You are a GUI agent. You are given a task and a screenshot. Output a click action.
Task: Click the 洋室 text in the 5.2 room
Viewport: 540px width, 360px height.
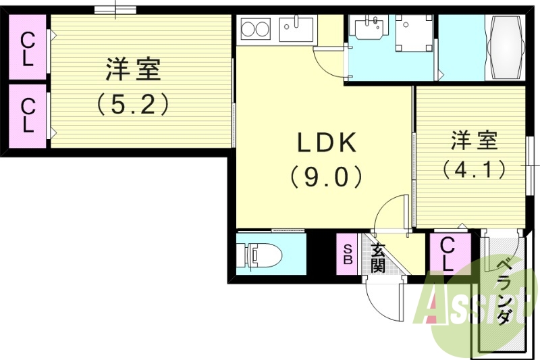click(133, 70)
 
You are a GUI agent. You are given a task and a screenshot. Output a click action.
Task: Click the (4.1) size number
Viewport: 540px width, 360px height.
click(474, 168)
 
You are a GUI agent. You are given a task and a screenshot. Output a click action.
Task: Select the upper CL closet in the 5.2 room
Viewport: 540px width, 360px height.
click(27, 49)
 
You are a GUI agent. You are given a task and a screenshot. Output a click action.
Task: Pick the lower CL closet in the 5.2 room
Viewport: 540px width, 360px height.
click(27, 115)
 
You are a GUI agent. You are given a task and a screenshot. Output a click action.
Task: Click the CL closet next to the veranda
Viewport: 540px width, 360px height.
click(448, 254)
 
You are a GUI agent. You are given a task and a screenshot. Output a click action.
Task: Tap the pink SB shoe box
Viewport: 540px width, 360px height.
click(348, 254)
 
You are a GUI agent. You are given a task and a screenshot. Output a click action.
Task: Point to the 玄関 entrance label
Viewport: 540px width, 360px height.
click(378, 257)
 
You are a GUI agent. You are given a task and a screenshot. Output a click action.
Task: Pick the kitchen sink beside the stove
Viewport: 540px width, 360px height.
click(296, 28)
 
